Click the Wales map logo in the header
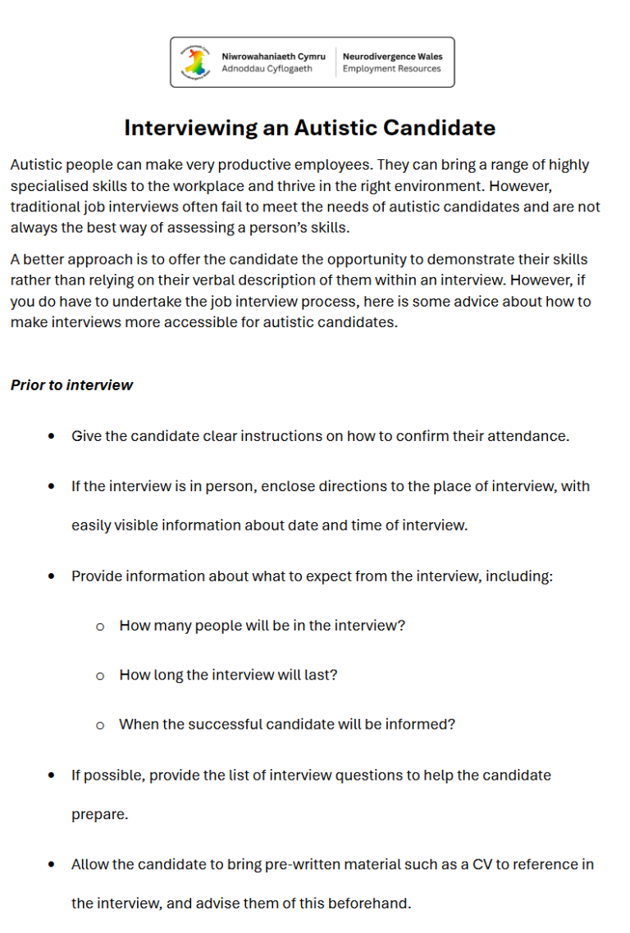[x=195, y=62]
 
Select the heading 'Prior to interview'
[x=71, y=385]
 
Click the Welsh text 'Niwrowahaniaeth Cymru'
[x=273, y=57]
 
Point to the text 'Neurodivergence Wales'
[x=392, y=57]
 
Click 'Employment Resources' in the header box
[x=391, y=69]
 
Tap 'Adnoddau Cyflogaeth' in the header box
[x=267, y=69]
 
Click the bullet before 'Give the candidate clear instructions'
[x=52, y=436]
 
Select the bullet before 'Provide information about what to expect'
[x=52, y=576]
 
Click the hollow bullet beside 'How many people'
[x=100, y=626]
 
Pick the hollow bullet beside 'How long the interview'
[x=100, y=676]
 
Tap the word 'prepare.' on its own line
[x=100, y=815]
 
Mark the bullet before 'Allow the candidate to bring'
[x=52, y=864]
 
